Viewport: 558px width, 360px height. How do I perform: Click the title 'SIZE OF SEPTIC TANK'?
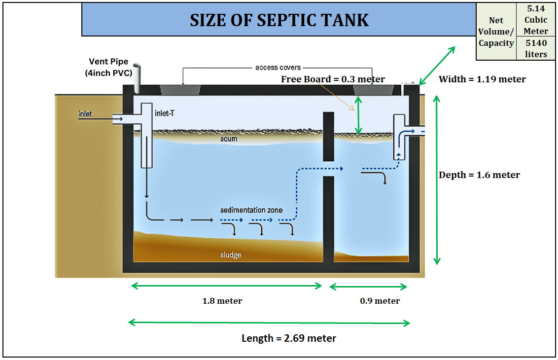coord(279,20)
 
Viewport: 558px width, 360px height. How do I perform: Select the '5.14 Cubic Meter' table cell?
coord(536,20)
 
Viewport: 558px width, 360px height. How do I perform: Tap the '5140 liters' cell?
coord(536,49)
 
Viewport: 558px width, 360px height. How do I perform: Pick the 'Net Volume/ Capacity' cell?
coord(496,32)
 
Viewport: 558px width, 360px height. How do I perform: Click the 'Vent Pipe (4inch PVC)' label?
coord(108,67)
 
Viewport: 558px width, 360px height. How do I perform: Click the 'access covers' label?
coord(278,68)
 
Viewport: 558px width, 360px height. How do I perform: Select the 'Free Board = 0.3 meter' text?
coord(333,79)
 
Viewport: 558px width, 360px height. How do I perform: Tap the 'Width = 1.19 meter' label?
coord(482,79)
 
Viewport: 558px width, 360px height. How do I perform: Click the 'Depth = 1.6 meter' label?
coord(479,175)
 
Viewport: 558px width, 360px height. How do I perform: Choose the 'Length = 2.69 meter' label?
coord(289,338)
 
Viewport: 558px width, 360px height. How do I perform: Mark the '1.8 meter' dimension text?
coord(222,301)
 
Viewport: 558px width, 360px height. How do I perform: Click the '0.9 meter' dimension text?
coord(380,301)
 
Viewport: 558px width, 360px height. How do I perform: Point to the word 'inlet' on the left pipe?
coord(85,114)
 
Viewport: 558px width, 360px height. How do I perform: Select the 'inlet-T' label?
coord(165,113)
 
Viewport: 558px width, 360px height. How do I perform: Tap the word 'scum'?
coord(229,139)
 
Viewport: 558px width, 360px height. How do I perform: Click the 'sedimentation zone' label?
coord(251,210)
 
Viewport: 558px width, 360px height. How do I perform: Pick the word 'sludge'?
coord(231,255)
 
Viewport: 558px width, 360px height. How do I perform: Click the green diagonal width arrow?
coord(437,66)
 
